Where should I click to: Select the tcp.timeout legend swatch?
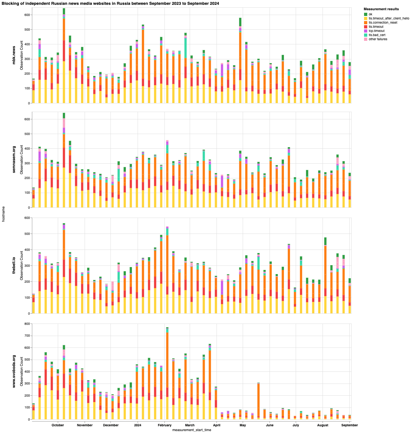(366, 31)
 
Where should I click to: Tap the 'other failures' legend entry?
(378, 39)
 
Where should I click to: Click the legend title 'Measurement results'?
(381, 9)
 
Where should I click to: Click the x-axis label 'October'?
(58, 425)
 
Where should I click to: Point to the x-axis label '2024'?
(138, 425)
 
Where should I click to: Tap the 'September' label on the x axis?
(350, 425)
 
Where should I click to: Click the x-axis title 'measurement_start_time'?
(192, 430)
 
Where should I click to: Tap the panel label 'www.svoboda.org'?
(14, 371)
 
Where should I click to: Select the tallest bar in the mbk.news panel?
(64, 56)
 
